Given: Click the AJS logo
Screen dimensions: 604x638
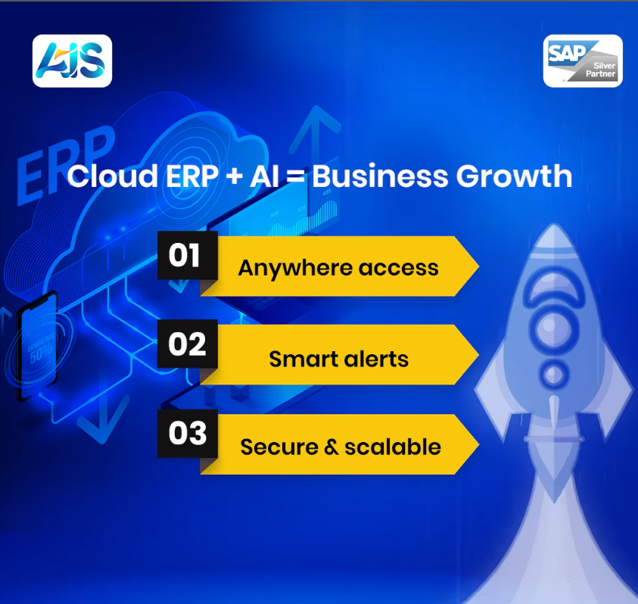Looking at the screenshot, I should tap(73, 61).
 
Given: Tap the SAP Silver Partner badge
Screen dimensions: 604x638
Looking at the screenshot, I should tap(583, 61).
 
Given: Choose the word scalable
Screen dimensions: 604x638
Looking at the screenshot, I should tap(393, 447).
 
